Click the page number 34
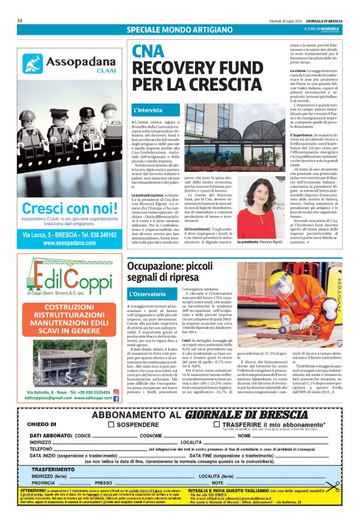point(20,20)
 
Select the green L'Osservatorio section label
point(149,293)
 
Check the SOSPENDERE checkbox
point(111,425)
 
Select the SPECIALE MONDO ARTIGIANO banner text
point(171,30)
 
